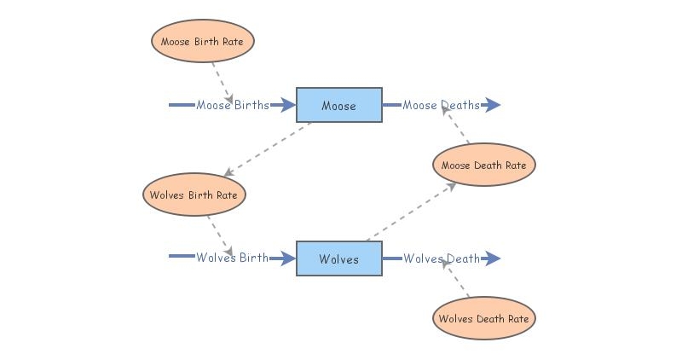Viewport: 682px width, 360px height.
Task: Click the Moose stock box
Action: [338, 105]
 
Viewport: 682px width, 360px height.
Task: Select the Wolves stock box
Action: [338, 258]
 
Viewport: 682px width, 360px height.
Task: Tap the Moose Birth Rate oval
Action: [203, 40]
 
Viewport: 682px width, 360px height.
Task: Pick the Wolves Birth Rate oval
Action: [194, 195]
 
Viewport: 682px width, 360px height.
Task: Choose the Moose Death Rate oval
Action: [483, 165]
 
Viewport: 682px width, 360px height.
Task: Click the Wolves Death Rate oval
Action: [483, 319]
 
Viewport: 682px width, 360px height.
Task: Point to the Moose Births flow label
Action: [232, 105]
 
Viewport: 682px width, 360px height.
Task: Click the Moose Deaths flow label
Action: [441, 105]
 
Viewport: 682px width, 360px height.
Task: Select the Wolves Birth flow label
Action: [232, 258]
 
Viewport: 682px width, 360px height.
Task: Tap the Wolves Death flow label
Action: [442, 258]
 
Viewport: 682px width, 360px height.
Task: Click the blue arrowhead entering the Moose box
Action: [287, 105]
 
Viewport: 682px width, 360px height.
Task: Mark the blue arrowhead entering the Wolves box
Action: [287, 258]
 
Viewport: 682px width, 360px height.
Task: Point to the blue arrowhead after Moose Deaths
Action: [492, 105]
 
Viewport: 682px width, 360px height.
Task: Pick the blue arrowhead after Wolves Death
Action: [492, 258]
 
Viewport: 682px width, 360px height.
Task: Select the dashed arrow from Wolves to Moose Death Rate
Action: [409, 212]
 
